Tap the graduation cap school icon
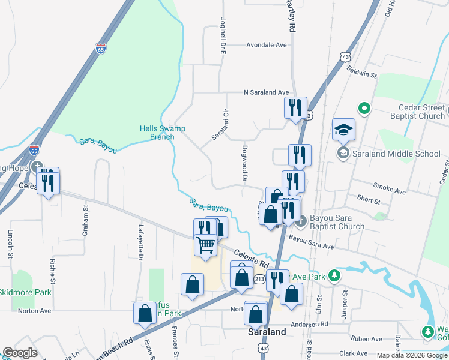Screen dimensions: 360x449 click(344, 130)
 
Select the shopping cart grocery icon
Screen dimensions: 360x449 click(206, 245)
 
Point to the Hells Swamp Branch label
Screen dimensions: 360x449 click(157, 132)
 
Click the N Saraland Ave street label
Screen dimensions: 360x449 click(266, 92)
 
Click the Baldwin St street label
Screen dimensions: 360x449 click(361, 73)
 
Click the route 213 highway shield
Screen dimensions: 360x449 click(259, 279)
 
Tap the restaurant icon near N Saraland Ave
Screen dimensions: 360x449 click(295, 108)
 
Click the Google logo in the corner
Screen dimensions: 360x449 click(20, 353)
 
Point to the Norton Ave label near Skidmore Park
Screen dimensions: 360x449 click(34, 311)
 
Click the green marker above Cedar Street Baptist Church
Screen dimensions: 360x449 click(364, 109)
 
